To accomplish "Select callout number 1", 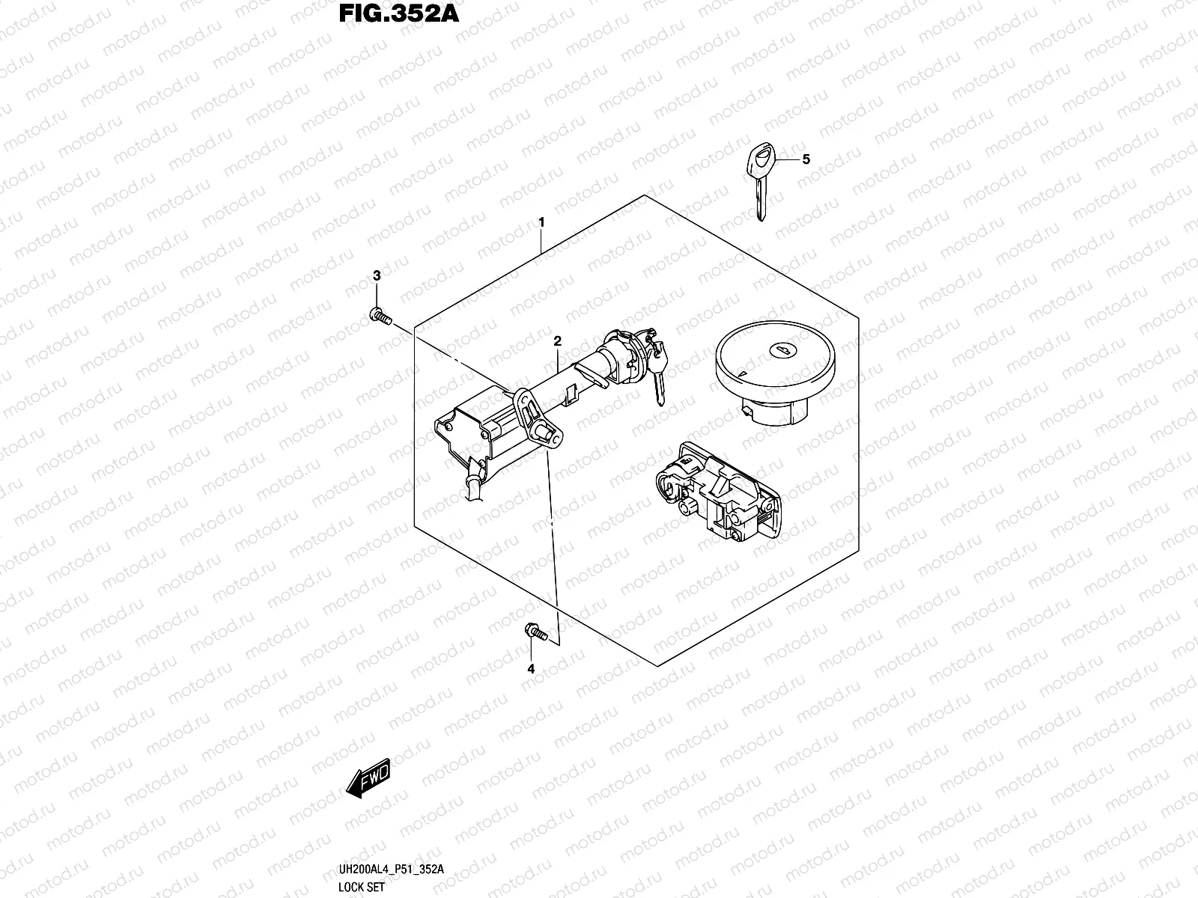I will (x=541, y=223).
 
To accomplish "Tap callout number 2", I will (x=557, y=341).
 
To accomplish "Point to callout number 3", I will (x=377, y=276).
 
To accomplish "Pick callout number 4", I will (x=531, y=669).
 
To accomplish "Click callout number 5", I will (x=806, y=159).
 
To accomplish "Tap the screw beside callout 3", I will (x=380, y=318).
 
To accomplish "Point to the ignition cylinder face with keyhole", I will (x=626, y=349).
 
